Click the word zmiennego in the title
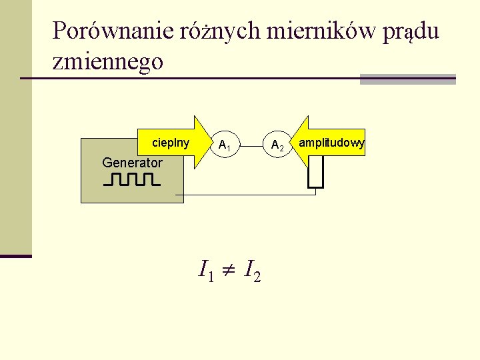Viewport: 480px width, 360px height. pyautogui.click(x=107, y=61)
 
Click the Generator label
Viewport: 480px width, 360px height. pyautogui.click(x=132, y=162)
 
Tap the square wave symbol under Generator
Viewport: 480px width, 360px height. pyautogui.click(x=132, y=179)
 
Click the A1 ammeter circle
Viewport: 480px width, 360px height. pyautogui.click(x=224, y=145)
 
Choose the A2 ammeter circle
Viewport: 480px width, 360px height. pyautogui.click(x=277, y=145)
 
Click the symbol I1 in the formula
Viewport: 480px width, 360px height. pyautogui.click(x=206, y=270)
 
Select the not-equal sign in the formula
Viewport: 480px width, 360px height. pyautogui.click(x=229, y=271)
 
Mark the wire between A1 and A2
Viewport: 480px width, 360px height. pyautogui.click(x=251, y=143)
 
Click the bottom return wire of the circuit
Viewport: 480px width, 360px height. pyautogui.click(x=247, y=195)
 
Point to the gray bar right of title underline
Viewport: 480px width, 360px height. pyautogui.click(x=407, y=79)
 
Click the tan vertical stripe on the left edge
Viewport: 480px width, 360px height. pyautogui.click(x=15, y=127)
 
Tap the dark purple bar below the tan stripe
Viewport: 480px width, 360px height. pyautogui.click(x=15, y=255)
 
